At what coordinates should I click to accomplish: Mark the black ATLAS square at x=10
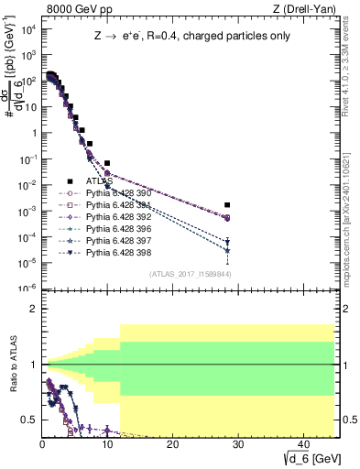click(x=107, y=163)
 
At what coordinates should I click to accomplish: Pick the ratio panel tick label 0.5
click(x=30, y=420)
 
